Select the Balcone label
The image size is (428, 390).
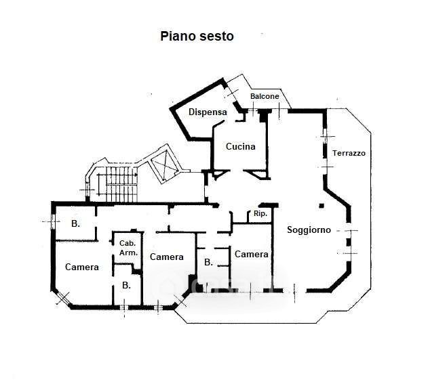(x=265, y=97)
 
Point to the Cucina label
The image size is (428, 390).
(x=240, y=146)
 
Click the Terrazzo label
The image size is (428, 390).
(x=349, y=153)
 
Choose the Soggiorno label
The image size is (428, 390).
(x=309, y=230)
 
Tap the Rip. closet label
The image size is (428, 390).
(x=260, y=214)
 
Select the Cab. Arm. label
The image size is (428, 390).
(x=128, y=248)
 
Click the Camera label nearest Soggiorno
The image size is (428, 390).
(x=252, y=254)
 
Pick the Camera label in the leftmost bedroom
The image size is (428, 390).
(x=82, y=267)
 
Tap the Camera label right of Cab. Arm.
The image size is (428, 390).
(x=167, y=257)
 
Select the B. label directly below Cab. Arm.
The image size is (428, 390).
(x=126, y=285)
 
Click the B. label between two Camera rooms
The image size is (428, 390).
(x=208, y=261)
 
